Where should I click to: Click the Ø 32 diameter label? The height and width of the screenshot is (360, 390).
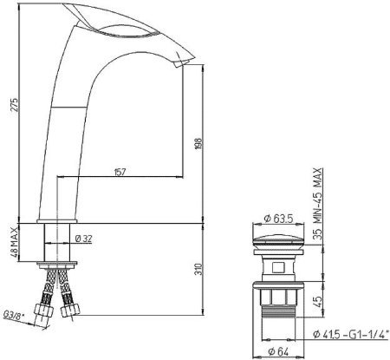point(85,238)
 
